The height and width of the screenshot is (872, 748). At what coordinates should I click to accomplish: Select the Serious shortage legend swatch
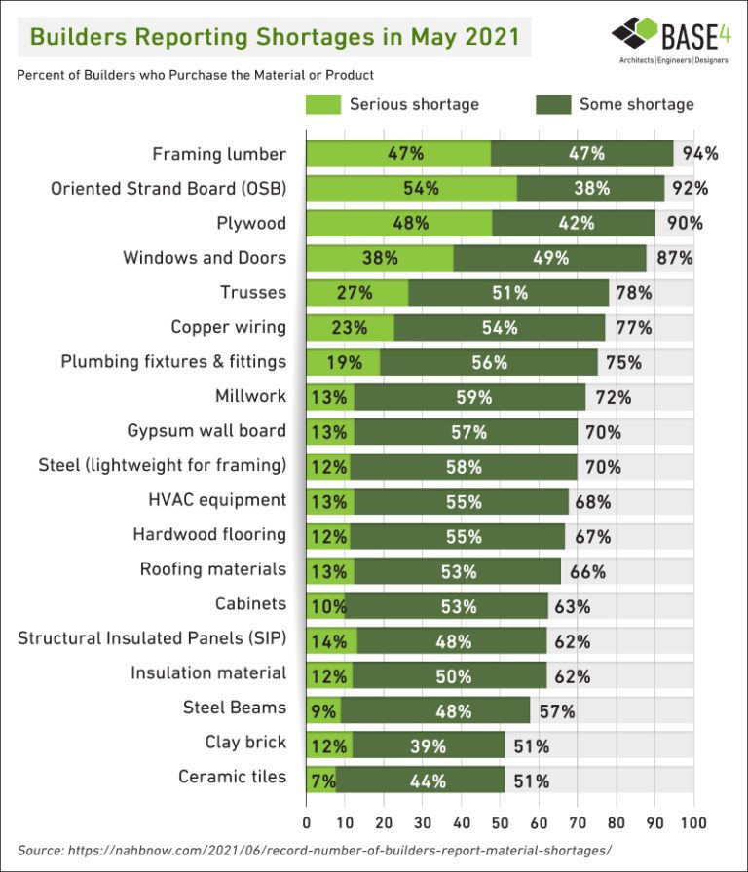coord(323,104)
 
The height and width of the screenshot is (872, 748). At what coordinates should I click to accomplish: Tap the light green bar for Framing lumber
coord(398,154)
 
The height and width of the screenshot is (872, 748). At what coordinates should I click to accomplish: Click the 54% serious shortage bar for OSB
coord(411,189)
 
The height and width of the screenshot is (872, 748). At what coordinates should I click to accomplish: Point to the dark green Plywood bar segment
coord(574,223)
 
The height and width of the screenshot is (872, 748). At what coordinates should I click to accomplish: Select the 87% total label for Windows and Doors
coord(674,258)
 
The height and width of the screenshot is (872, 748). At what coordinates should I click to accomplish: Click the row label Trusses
coord(253,292)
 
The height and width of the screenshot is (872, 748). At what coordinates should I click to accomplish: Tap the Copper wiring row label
coord(228,327)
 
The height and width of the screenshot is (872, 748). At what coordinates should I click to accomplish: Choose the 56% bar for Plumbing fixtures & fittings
coord(489,362)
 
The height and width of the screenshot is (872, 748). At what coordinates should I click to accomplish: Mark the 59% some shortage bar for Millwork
coord(470,396)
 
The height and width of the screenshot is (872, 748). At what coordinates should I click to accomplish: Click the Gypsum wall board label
coord(206,431)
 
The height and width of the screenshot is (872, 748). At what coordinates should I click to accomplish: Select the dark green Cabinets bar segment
coord(446,606)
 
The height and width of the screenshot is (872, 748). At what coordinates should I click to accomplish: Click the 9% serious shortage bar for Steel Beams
coord(322,710)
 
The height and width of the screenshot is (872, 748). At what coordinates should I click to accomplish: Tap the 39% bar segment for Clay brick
coord(429,745)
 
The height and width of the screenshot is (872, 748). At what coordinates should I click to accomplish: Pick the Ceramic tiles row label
coord(232,777)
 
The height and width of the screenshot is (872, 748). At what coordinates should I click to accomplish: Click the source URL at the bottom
coord(314,850)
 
